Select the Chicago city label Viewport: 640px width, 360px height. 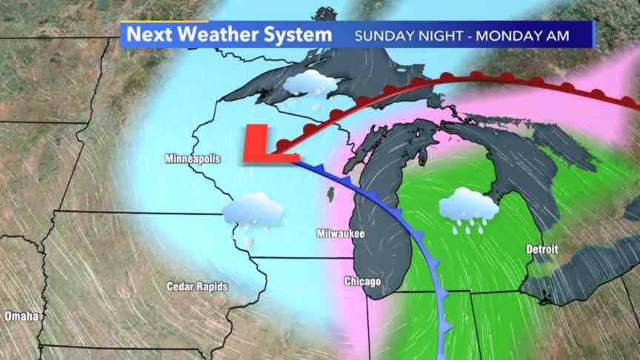362,281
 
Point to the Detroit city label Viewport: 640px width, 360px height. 541,249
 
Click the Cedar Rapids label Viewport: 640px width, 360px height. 197,286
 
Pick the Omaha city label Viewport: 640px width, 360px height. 21,316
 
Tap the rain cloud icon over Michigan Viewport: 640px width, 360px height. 468,208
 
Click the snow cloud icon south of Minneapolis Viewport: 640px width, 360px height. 253,213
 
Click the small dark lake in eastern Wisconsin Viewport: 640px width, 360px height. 330,194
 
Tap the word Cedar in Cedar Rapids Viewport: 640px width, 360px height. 180,286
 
